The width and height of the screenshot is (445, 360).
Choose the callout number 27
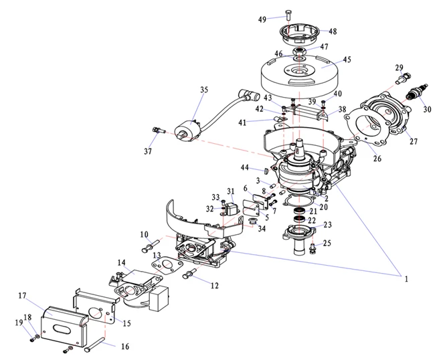coord(413,141)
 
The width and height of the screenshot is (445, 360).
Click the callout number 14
coord(122,262)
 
